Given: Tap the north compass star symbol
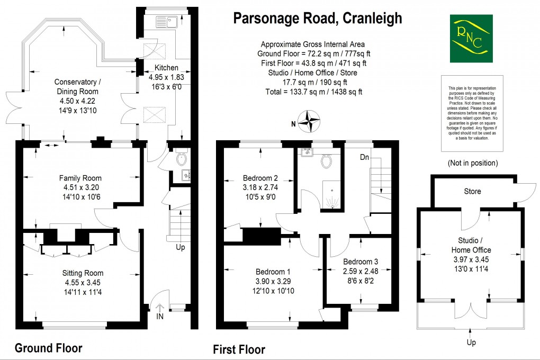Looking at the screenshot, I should tap(307, 120).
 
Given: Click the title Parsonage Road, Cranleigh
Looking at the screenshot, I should tap(318, 18).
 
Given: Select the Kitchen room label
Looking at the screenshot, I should tap(166, 68).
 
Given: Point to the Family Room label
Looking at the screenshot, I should tap(80, 178).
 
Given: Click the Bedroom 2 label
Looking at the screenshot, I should tap(260, 178).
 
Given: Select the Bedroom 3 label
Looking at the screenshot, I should tap(361, 262).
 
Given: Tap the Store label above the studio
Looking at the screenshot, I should tap(472, 191).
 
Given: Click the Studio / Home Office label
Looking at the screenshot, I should tap(471, 245).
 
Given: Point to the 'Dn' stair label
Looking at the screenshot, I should tap(365, 157).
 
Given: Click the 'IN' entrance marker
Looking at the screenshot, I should tap(160, 316).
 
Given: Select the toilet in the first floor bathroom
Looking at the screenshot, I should tap(326, 160).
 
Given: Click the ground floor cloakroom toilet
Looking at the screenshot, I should tap(182, 158).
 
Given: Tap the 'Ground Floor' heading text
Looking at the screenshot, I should tap(48, 348).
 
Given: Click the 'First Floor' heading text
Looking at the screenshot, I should tap(239, 349).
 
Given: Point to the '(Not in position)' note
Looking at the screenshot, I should tap(473, 163).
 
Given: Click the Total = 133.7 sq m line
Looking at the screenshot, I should tap(313, 92).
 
